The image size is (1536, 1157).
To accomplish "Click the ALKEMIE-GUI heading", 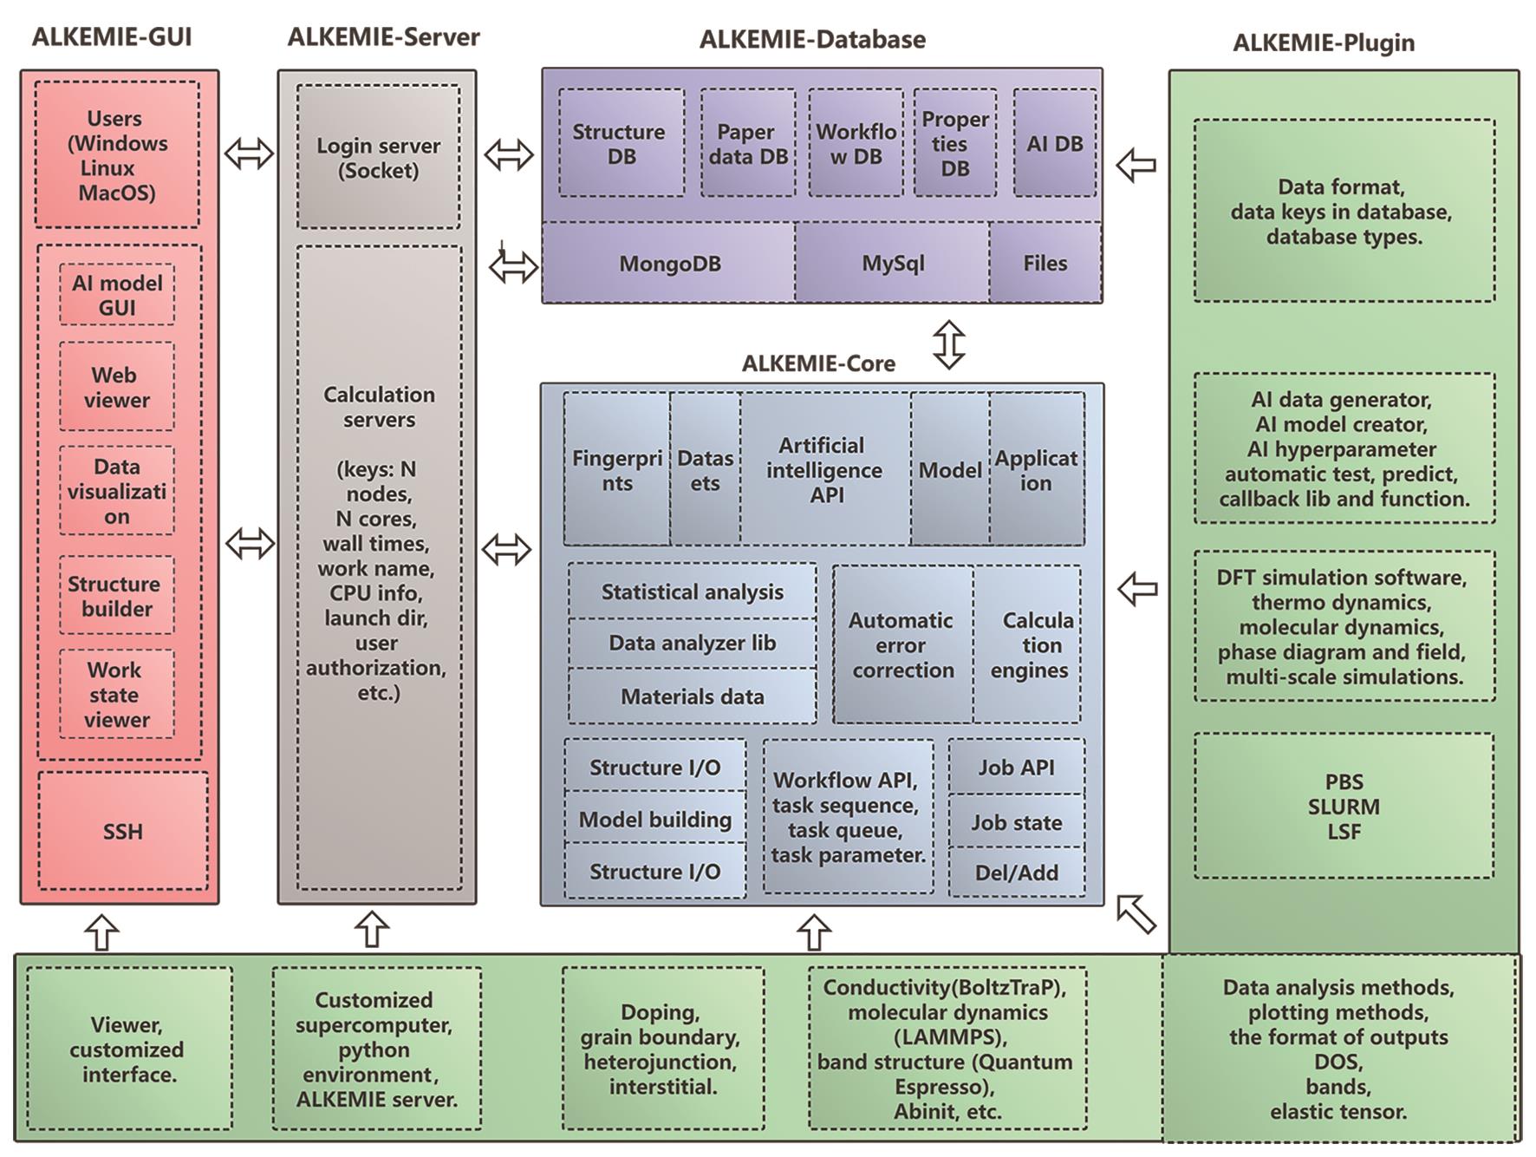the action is (x=112, y=37).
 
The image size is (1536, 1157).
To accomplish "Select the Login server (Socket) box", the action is (x=378, y=157).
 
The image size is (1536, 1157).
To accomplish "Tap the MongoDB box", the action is (x=668, y=263).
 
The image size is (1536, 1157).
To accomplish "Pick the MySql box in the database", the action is (x=892, y=263).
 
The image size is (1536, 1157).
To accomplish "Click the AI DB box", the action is (x=1054, y=143).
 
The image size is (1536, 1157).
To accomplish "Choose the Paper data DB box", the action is (x=748, y=143).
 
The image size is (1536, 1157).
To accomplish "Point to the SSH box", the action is (x=123, y=831).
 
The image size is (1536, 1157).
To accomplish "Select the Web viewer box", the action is (x=117, y=387).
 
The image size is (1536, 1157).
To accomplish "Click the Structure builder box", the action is (x=117, y=596).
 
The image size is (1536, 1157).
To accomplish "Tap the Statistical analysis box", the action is (x=692, y=592).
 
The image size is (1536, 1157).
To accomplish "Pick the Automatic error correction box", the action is (x=902, y=644).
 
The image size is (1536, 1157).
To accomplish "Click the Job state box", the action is (x=1016, y=821).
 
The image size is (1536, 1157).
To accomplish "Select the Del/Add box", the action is (x=1016, y=872).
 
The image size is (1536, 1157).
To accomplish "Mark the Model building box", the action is (x=654, y=819).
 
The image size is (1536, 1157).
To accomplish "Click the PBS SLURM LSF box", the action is (x=1344, y=806).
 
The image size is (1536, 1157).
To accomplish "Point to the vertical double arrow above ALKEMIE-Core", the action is (x=949, y=344).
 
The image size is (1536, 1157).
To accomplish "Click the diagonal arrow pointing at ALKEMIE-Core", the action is (x=1136, y=914).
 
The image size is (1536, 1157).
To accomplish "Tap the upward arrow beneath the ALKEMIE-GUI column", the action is (x=102, y=932).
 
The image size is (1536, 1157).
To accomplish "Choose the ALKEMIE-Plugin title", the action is (x=1324, y=42).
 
